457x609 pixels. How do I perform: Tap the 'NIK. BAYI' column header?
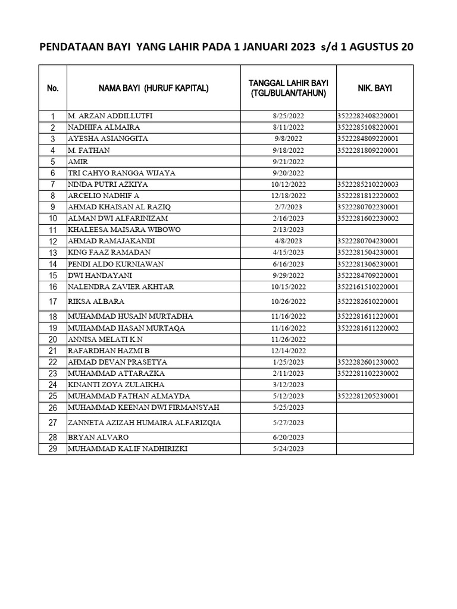[374, 88]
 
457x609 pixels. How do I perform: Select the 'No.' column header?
[52, 88]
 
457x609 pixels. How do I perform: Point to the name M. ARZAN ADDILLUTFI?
[114, 116]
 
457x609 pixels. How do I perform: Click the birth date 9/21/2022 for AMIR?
[288, 162]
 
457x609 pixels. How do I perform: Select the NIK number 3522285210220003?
[367, 184]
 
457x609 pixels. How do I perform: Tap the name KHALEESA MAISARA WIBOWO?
[124, 230]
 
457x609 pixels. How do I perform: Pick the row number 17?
[52, 302]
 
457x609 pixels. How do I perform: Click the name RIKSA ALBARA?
[96, 302]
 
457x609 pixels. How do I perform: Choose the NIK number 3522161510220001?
[367, 287]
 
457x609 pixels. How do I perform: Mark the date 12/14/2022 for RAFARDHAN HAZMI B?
[288, 351]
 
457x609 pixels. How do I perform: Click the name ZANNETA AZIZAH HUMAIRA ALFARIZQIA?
[144, 422]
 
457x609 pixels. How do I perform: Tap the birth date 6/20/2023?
[288, 437]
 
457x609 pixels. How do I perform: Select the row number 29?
[52, 449]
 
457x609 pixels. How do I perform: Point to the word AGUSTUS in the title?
[370, 47]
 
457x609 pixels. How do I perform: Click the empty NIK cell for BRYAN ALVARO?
[374, 437]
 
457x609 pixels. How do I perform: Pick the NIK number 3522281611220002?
[367, 328]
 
